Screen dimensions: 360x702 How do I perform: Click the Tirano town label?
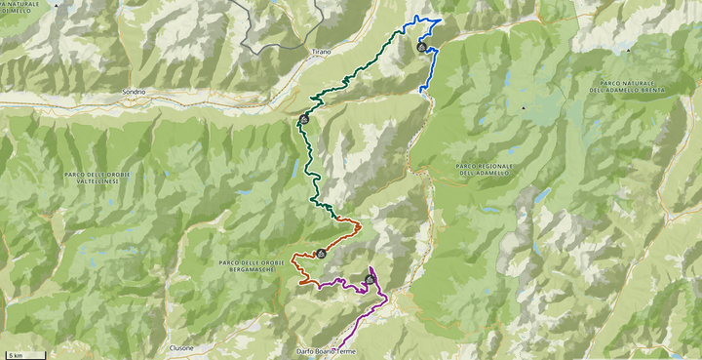point(322,51)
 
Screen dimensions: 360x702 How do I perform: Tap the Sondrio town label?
point(134,92)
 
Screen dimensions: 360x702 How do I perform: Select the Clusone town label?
point(181,347)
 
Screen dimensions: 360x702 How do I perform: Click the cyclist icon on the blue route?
point(420,47)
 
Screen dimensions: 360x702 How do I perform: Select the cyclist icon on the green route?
point(305,120)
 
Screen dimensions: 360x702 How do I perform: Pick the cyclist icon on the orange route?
point(320,254)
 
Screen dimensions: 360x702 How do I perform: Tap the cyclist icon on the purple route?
point(370,280)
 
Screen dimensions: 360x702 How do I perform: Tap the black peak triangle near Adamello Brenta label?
point(523,106)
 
